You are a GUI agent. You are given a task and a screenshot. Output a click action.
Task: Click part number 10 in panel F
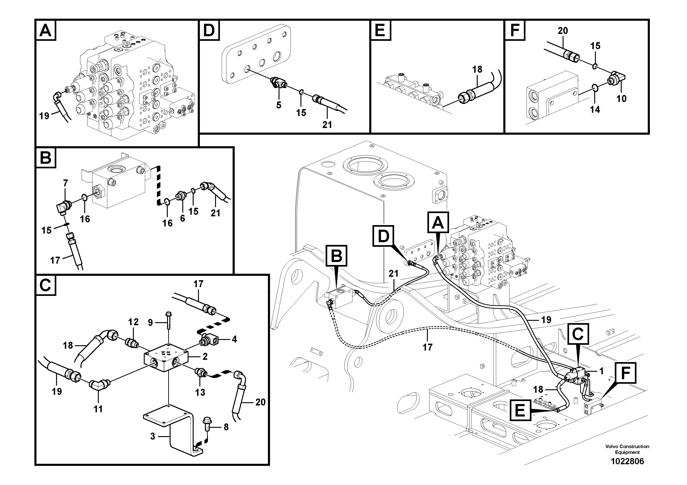click(x=621, y=98)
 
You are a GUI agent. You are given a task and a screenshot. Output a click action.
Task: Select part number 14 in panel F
click(x=595, y=110)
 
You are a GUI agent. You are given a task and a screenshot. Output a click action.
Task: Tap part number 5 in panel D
click(x=279, y=105)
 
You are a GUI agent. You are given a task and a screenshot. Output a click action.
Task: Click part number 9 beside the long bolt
click(x=150, y=322)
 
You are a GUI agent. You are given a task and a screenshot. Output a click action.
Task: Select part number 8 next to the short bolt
click(x=226, y=427)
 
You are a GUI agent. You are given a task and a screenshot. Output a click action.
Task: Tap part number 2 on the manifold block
click(x=205, y=356)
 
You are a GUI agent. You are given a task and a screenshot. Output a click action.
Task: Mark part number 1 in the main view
click(x=601, y=371)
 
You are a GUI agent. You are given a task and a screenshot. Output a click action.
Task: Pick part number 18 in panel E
click(x=477, y=69)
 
